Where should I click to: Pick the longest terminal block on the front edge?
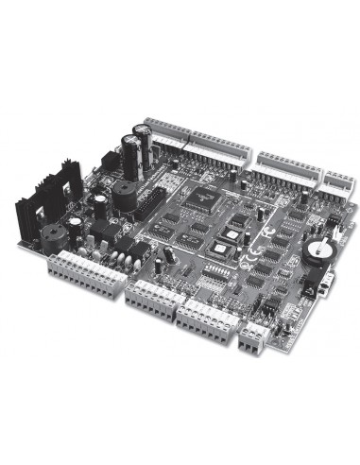83,276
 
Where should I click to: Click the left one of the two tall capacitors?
129,152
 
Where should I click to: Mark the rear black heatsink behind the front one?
66,185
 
